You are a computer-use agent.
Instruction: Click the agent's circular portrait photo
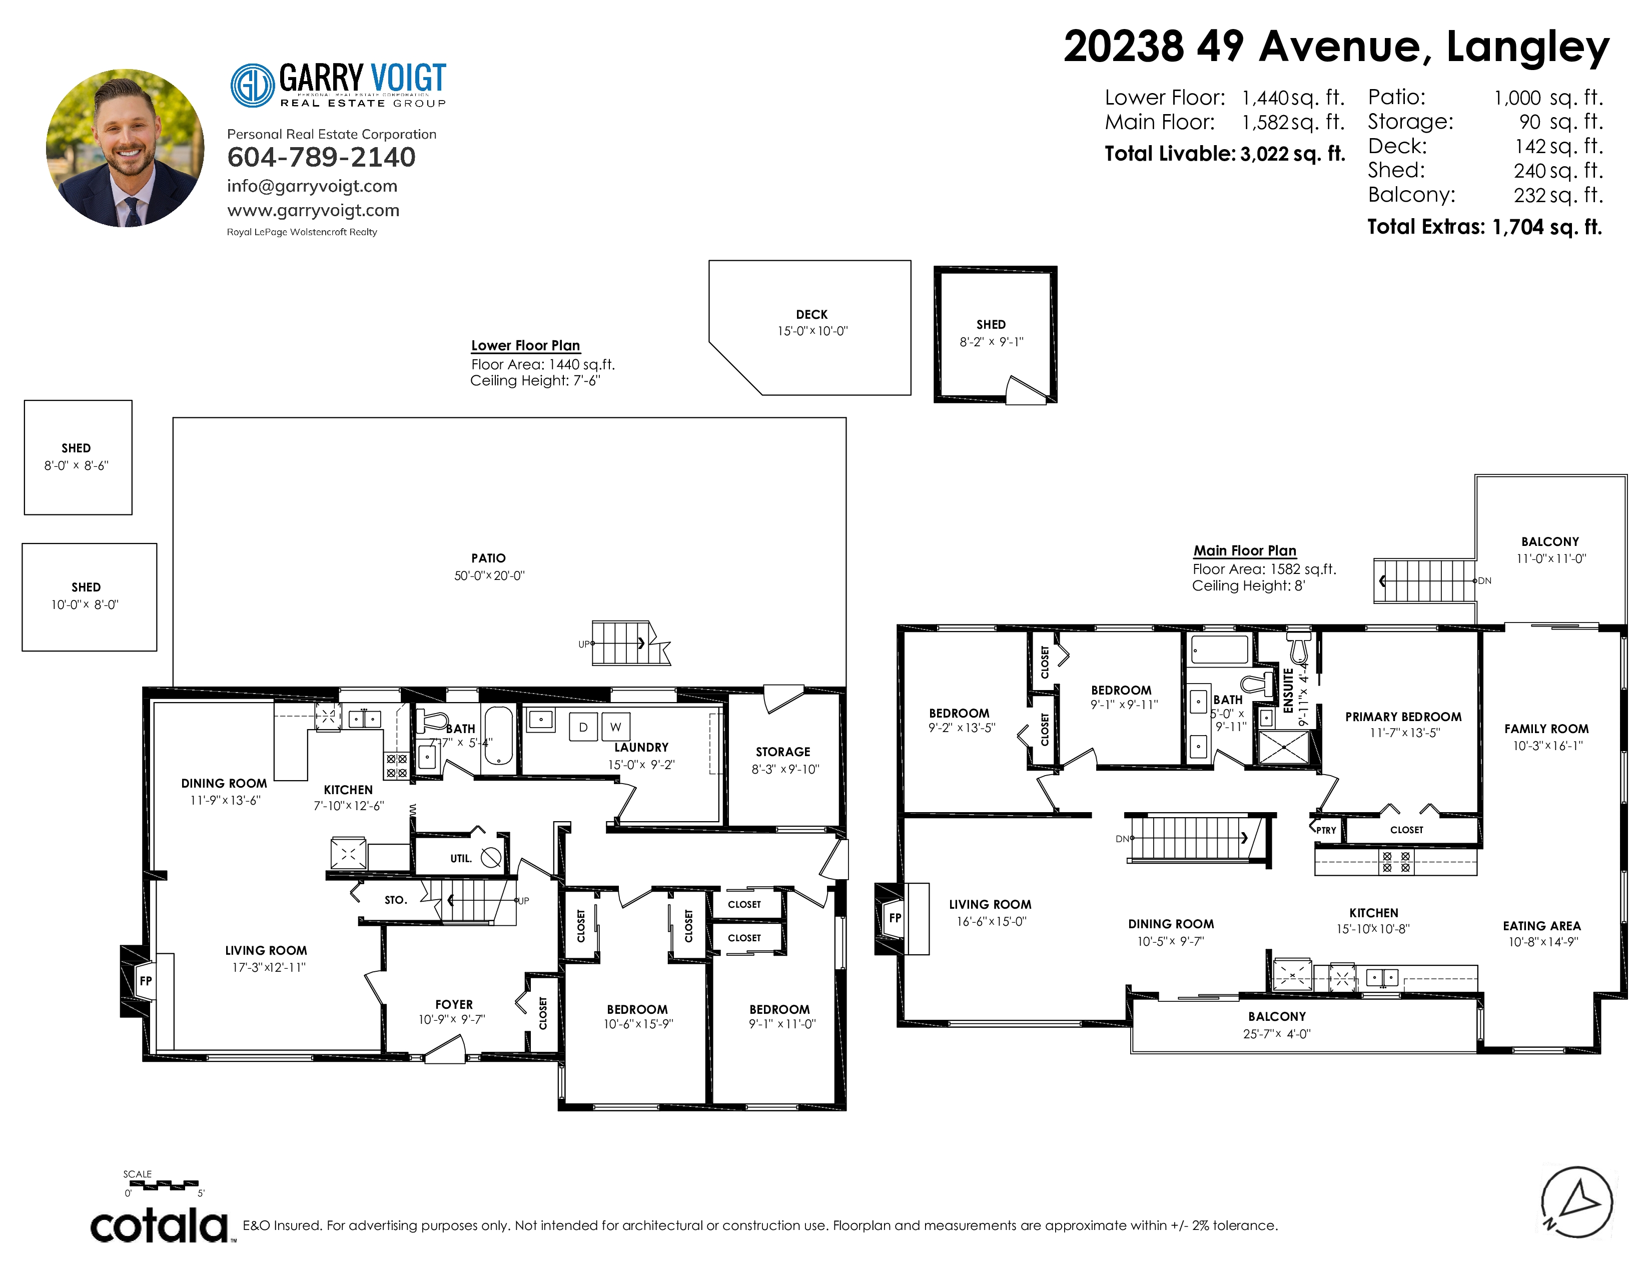pos(125,148)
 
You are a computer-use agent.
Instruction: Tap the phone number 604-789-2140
pos(321,157)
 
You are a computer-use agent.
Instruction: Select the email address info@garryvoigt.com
pos(312,186)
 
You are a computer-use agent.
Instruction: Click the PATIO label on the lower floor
pos(488,558)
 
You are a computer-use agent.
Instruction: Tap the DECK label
pos(812,314)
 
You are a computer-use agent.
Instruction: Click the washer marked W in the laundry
pos(616,727)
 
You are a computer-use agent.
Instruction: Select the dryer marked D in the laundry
pos(583,727)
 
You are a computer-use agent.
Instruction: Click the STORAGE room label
pos(783,752)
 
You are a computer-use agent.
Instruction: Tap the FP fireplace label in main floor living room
pos(895,918)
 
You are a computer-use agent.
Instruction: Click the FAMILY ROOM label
pos(1546,729)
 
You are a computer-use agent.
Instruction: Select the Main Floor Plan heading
pos(1245,551)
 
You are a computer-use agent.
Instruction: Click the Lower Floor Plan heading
pos(525,345)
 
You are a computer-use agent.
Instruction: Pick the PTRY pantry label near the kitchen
pos(1326,830)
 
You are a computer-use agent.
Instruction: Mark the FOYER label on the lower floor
pos(454,1005)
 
